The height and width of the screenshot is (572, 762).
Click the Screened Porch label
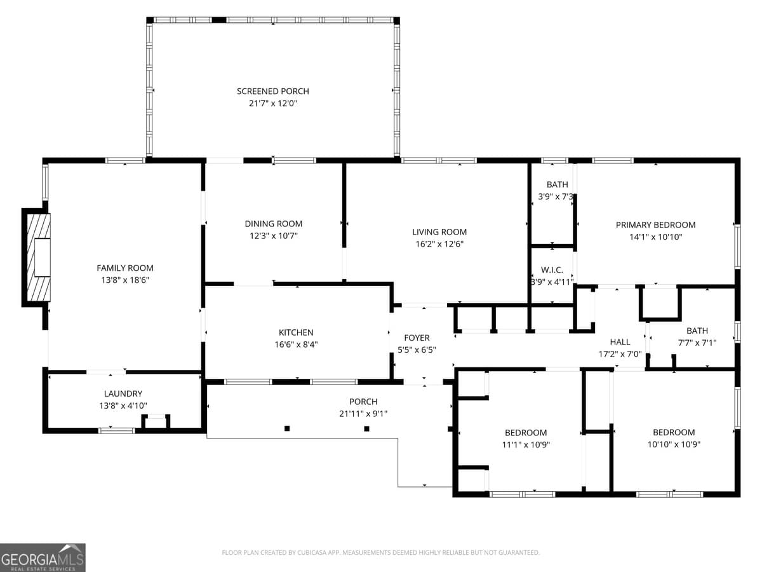[x=273, y=92]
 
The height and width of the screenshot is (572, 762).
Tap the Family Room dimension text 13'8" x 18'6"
[x=125, y=280]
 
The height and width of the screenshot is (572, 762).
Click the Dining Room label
[x=274, y=224]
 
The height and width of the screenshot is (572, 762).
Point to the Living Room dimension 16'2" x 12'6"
[x=439, y=244]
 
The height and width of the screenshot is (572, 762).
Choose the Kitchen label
[x=296, y=332]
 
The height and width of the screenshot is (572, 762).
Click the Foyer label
[x=417, y=338]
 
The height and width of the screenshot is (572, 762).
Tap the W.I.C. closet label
[x=552, y=270]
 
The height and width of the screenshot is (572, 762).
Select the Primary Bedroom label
[x=655, y=225]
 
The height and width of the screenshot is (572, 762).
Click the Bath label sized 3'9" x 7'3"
[x=557, y=185]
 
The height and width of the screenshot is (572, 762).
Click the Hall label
[x=620, y=342]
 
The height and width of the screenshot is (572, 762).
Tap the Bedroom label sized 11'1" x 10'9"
[x=526, y=433]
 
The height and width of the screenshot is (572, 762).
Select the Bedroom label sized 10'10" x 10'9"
[x=674, y=432]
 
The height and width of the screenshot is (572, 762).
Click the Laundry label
[x=123, y=394]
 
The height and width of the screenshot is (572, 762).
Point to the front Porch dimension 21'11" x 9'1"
[x=363, y=414]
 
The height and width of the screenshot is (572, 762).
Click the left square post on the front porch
[x=287, y=428]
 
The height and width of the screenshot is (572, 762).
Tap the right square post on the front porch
[x=366, y=428]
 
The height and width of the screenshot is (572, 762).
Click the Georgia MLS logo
[x=43, y=557]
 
